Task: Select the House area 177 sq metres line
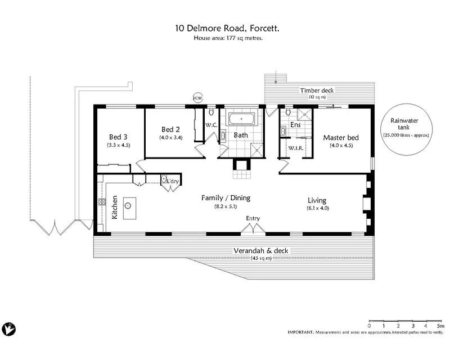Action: [x=228, y=38]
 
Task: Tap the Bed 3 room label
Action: [x=118, y=137]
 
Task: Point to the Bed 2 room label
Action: [x=170, y=129]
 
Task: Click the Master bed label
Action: [x=340, y=137]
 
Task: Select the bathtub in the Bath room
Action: [x=241, y=119]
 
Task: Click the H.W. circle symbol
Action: [x=197, y=97]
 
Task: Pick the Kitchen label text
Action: [x=114, y=208]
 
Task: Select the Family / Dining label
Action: [x=226, y=198]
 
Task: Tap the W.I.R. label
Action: [x=296, y=148]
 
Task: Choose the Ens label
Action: [x=295, y=125]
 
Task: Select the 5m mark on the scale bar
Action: [x=440, y=326]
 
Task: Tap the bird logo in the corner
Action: [x=9, y=328]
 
